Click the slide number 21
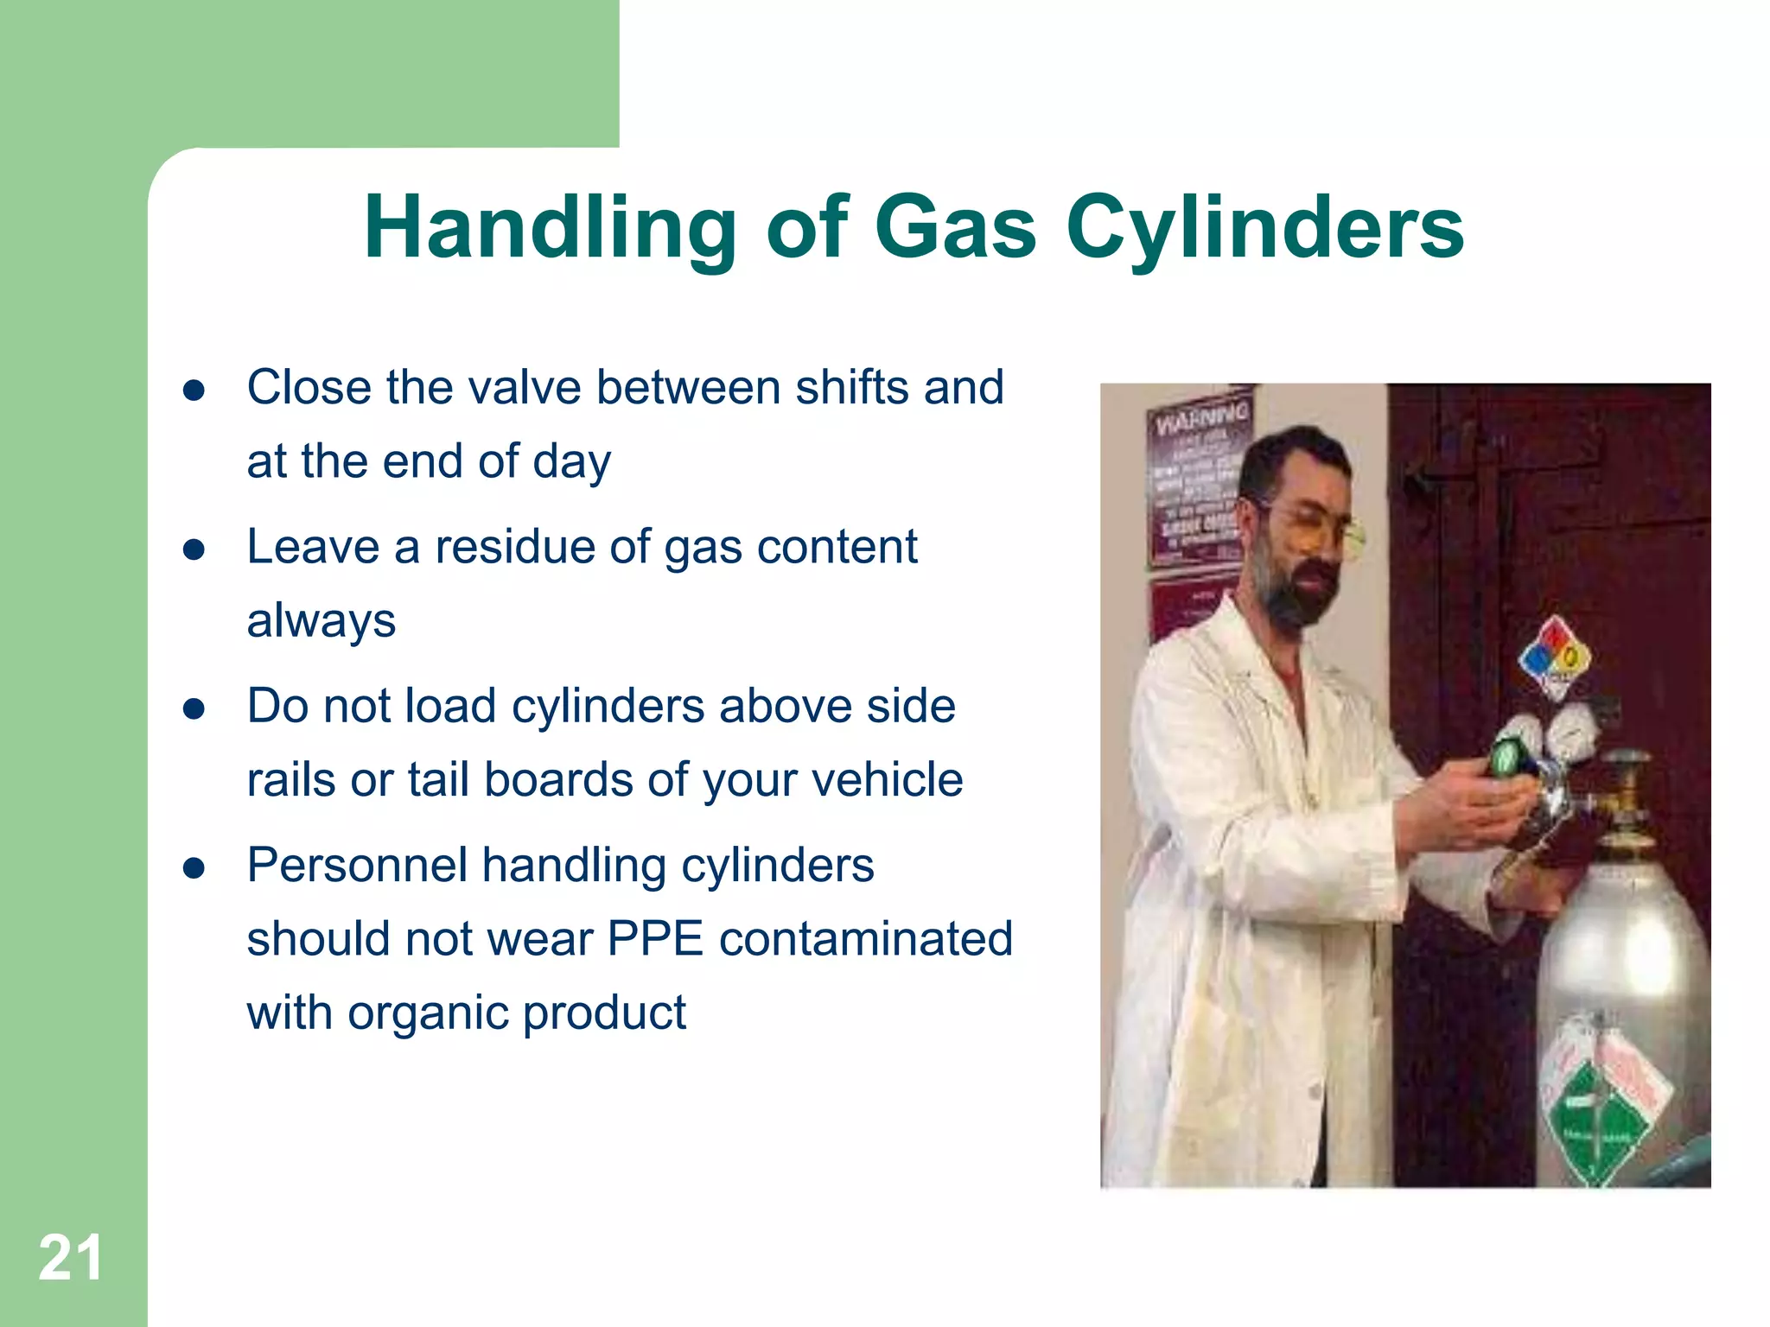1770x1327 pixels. pyautogui.click(x=70, y=1259)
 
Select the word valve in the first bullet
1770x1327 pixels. pyautogui.click(x=525, y=387)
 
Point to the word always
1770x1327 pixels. pyautogui.click(x=321, y=620)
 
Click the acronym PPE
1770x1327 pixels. pyautogui.click(x=655, y=939)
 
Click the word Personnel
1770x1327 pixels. pyautogui.click(x=355, y=866)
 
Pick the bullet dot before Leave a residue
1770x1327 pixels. pyautogui.click(x=194, y=549)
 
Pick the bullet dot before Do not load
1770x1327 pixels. pyautogui.click(x=194, y=709)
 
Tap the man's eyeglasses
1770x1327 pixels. pyautogui.click(x=1322, y=527)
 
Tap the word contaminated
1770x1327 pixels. pyautogui.click(x=865, y=939)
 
